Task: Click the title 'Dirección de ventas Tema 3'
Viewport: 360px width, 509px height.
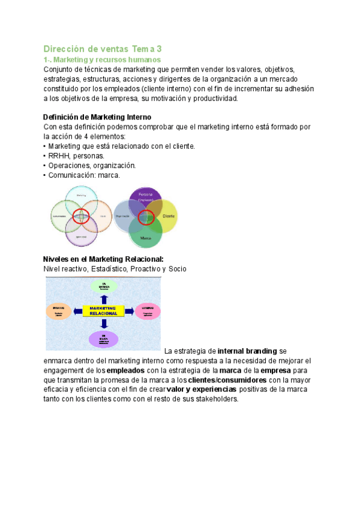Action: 103,49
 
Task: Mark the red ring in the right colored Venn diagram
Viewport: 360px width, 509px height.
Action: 146,217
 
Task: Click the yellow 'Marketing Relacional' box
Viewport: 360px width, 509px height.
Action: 99,311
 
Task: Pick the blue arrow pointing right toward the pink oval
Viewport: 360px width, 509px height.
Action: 130,311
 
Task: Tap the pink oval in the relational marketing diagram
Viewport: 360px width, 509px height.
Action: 148,311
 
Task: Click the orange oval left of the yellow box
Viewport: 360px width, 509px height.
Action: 59,311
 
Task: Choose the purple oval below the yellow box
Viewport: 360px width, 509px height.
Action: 104,339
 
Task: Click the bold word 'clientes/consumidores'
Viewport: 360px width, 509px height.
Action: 227,381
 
